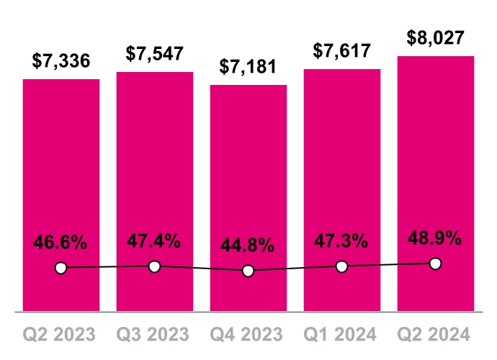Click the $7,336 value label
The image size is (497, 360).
(61, 61)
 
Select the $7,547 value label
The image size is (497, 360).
(155, 54)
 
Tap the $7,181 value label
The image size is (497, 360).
(248, 68)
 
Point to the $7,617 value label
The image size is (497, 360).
(342, 51)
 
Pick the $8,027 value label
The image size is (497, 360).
(436, 38)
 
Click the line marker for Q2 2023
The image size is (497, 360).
(61, 269)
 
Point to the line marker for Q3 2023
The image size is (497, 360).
(155, 267)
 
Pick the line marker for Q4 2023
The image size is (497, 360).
(248, 271)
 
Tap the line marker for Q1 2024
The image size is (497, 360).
(342, 267)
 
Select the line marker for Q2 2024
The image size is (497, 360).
(435, 264)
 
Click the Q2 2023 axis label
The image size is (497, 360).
(61, 334)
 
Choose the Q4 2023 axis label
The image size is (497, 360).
(248, 334)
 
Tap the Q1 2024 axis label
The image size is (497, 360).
(342, 334)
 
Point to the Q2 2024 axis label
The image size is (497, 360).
(436, 334)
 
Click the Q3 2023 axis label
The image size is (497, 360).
(155, 334)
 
